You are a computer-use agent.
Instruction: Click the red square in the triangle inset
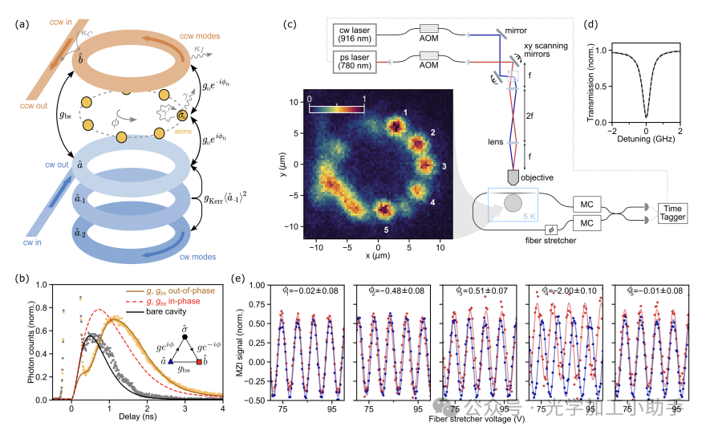pyautogui.click(x=198, y=362)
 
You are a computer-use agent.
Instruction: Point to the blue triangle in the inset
pyautogui.click(x=171, y=362)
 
